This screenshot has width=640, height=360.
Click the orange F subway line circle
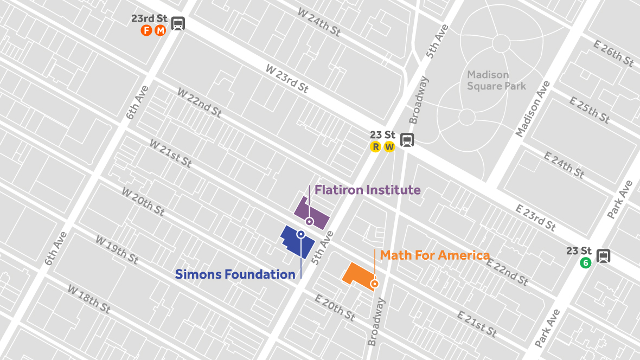click(x=146, y=30)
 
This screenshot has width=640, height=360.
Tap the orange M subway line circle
click(x=160, y=30)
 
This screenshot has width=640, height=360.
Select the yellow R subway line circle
click(x=375, y=147)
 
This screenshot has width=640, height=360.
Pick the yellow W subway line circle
click(x=389, y=147)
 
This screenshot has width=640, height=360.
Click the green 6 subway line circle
click(x=585, y=263)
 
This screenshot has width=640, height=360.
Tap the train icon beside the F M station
click(x=177, y=24)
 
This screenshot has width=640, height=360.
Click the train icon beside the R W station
click(x=407, y=140)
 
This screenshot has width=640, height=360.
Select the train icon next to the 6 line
click(x=603, y=256)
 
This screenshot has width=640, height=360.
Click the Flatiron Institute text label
click(x=368, y=190)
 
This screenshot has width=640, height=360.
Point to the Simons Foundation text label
click(x=235, y=274)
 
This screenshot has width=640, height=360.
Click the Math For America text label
click(x=435, y=255)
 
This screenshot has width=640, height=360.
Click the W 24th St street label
click(x=319, y=22)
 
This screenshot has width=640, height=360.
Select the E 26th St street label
click(x=613, y=54)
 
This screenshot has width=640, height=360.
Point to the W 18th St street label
click(x=89, y=299)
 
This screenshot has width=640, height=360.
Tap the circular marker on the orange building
click(x=374, y=284)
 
